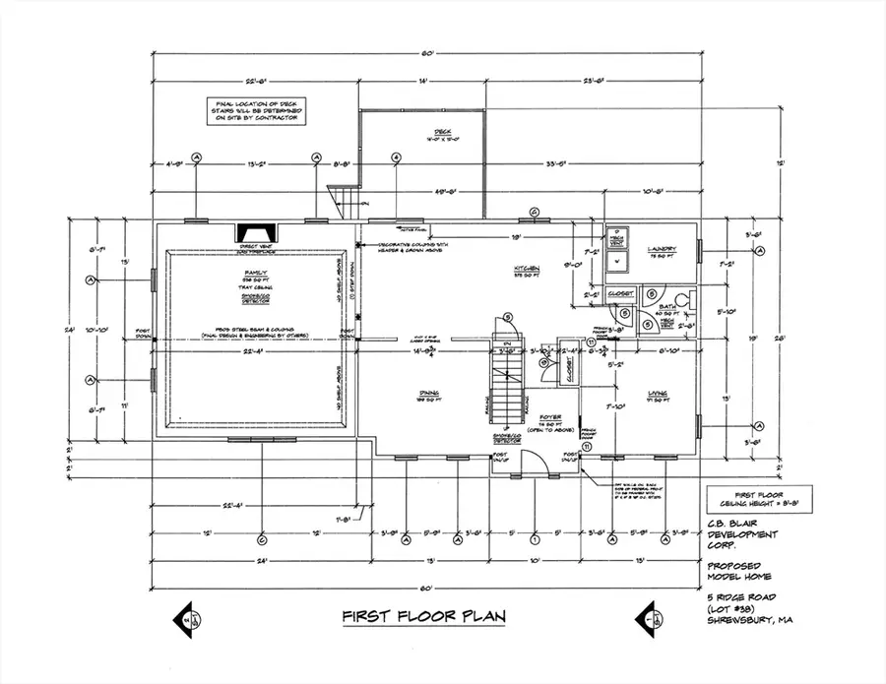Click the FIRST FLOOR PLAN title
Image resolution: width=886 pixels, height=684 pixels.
pos(424,617)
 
